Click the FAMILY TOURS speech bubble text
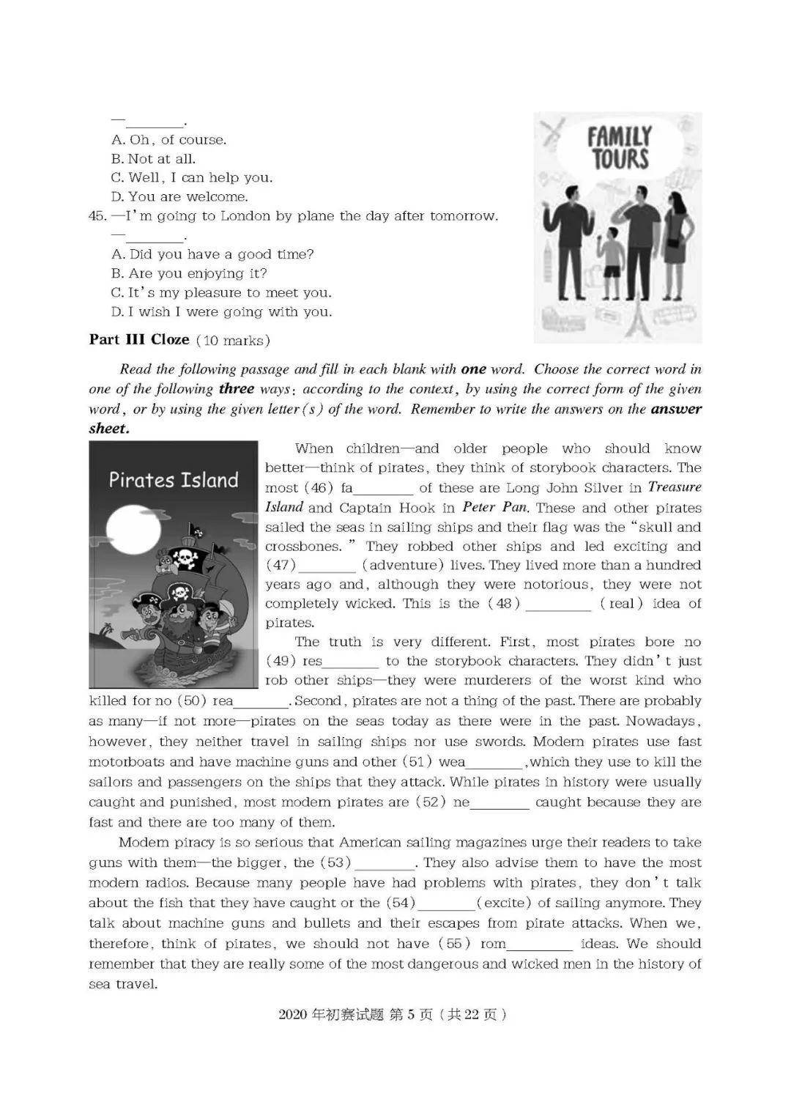click(x=619, y=147)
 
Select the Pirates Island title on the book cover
click(x=174, y=480)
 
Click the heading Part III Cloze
click(x=139, y=339)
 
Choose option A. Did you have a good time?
click(x=212, y=254)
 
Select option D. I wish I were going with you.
click(x=221, y=311)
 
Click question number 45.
click(x=97, y=216)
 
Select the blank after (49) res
click(x=350, y=662)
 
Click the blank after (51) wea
click(x=495, y=763)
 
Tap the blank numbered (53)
click(x=385, y=864)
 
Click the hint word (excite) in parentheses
click(x=504, y=903)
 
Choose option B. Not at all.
click(x=153, y=159)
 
